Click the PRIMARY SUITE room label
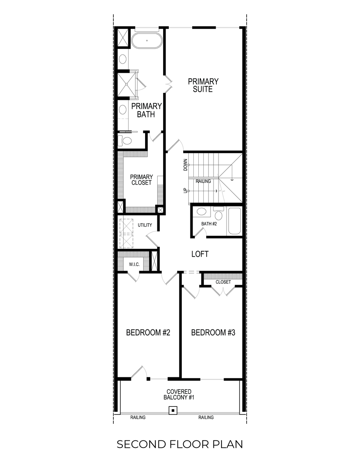[x=203, y=85]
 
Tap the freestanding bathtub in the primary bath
[x=147, y=40]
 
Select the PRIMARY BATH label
[x=146, y=110]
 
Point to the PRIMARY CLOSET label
[x=141, y=180]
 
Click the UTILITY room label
[x=145, y=225]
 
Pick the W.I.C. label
[x=134, y=265]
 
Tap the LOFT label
[x=200, y=254]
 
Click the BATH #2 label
[x=209, y=224]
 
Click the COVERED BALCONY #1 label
[x=179, y=395]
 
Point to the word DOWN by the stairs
[x=185, y=165]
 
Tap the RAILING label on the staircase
[x=203, y=181]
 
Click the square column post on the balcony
[x=174, y=410]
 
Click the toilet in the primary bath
[x=125, y=141]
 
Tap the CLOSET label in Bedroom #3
[x=223, y=282]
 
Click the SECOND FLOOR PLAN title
[x=180, y=444]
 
